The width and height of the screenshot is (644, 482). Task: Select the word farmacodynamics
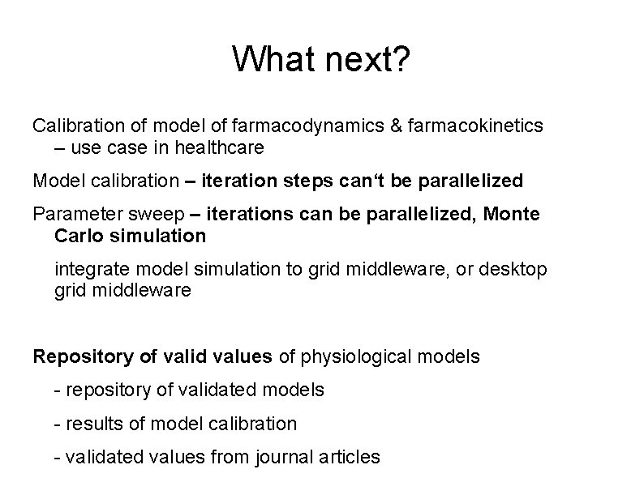click(298, 126)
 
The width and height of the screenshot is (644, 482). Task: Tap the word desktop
click(516, 268)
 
